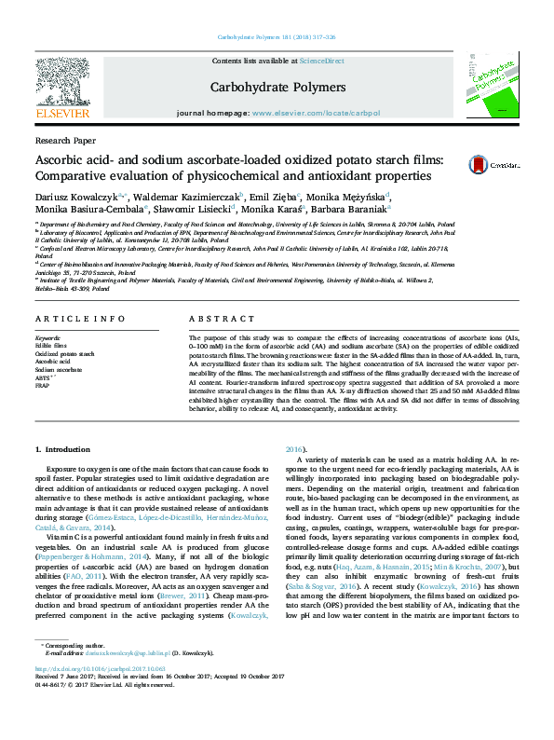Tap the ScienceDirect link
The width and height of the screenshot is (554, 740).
tap(321, 61)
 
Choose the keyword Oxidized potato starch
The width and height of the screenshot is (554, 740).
tap(64, 354)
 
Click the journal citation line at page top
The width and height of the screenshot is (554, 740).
tap(277, 37)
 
